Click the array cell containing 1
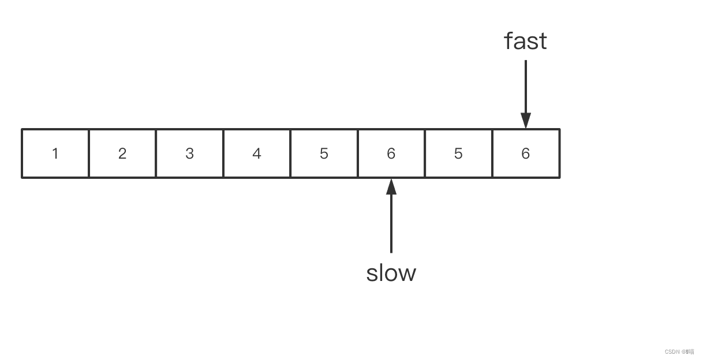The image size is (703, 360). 55,153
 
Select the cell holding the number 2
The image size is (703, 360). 122,153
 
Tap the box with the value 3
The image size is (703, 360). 189,153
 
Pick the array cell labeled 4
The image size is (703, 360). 257,153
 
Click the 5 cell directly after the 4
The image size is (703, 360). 324,153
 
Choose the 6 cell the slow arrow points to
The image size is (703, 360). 391,153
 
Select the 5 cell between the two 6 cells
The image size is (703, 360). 458,153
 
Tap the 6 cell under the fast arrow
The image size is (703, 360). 525,153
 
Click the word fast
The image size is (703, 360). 525,41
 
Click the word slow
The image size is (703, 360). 391,273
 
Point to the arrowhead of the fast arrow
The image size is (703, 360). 525,121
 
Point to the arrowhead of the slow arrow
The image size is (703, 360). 391,186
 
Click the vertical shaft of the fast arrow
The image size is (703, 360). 525,87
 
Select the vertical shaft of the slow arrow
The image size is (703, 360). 391,225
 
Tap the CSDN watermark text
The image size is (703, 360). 679,351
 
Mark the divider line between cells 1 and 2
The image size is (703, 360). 89,153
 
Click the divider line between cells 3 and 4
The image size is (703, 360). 223,153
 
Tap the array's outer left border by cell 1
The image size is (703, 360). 22,153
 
